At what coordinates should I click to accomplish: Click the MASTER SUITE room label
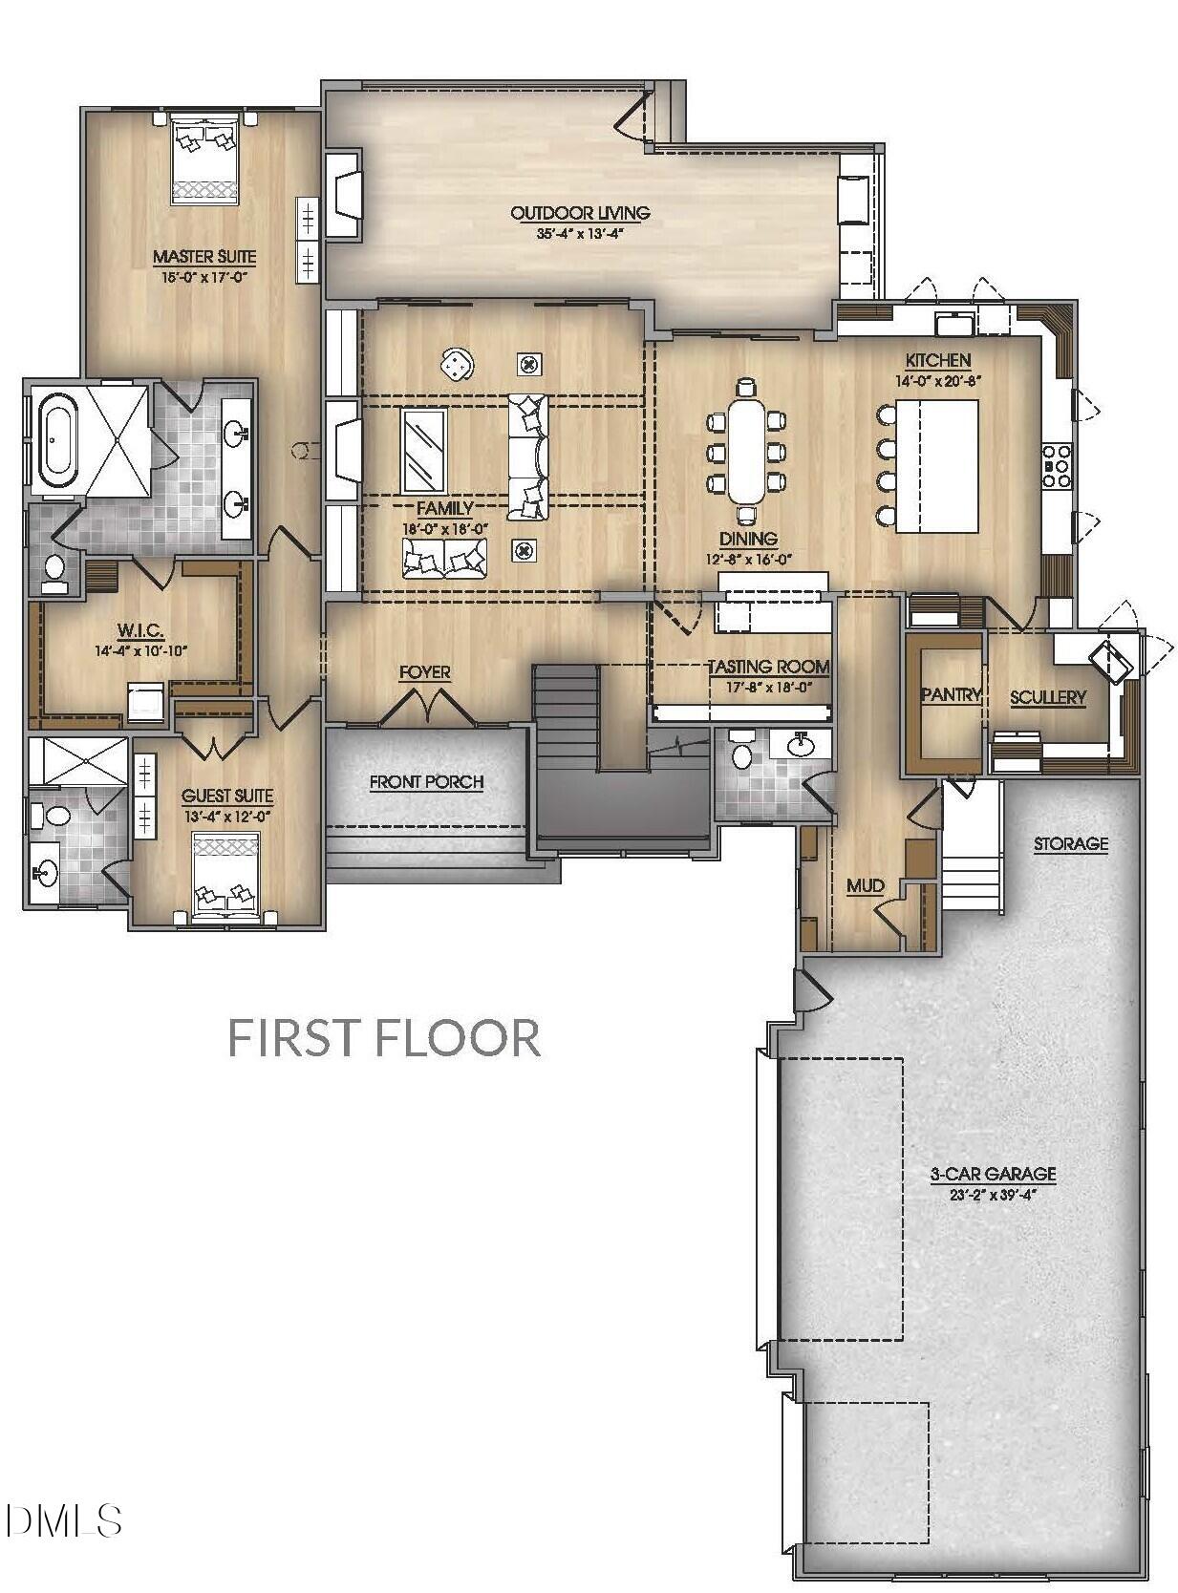coord(203,256)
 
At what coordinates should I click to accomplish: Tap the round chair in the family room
coord(457,363)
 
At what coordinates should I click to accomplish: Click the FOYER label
coord(424,672)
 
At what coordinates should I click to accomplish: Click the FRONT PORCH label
coord(426,782)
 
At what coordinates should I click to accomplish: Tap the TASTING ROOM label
coord(767,667)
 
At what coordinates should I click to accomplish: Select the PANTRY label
coord(950,694)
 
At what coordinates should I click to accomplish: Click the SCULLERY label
coord(1047,697)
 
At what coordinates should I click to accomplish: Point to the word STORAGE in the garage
coord(1070,843)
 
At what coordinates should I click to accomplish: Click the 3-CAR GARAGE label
coord(993,1174)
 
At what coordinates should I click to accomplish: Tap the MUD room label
coord(865,885)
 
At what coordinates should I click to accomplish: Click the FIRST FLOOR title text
coord(384,1037)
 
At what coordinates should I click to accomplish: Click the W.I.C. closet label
coord(140,630)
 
